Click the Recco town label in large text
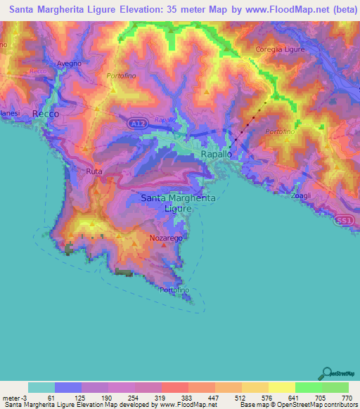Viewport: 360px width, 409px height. pyautogui.click(x=45, y=113)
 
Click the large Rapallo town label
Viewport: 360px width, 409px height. pyautogui.click(x=212, y=153)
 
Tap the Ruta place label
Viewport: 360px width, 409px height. pyautogui.click(x=94, y=171)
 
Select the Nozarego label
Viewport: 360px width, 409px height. pyautogui.click(x=166, y=239)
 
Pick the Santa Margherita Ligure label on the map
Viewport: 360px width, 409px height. pyautogui.click(x=179, y=203)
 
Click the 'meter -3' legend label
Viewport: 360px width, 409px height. pyautogui.click(x=13, y=397)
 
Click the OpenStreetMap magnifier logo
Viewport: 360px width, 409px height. pyautogui.click(x=327, y=372)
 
